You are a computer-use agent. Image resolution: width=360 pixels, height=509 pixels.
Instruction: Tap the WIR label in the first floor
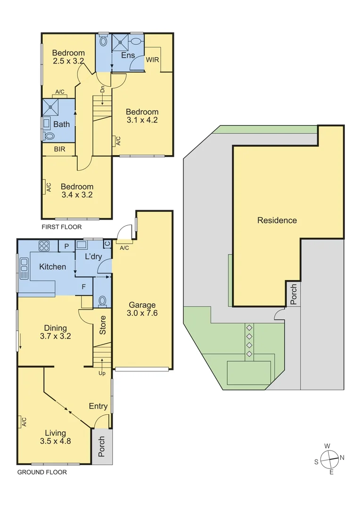[x=152, y=60]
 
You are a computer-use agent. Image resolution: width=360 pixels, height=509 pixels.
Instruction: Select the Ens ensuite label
[x=128, y=56]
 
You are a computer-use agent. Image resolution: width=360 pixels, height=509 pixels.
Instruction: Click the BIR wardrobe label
[x=59, y=149]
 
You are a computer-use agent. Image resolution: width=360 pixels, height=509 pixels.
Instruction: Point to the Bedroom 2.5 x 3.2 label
[x=68, y=57]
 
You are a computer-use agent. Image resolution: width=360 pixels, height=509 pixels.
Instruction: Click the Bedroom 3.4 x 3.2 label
[x=76, y=190]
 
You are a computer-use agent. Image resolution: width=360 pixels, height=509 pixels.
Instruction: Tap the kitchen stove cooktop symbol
[x=44, y=246]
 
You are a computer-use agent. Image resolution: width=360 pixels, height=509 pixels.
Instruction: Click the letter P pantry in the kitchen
[x=66, y=246]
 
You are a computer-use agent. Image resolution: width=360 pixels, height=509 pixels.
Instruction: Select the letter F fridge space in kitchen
[x=83, y=286]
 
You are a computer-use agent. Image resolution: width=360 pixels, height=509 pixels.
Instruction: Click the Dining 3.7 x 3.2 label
[x=55, y=332]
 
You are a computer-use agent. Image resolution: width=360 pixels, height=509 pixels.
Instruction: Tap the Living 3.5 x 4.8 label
[x=55, y=437]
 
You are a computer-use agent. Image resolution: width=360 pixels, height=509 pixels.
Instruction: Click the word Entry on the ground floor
[x=98, y=406]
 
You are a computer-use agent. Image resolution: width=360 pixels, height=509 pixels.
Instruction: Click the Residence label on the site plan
[x=277, y=220]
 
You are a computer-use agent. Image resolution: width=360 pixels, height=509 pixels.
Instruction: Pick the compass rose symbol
[x=329, y=458]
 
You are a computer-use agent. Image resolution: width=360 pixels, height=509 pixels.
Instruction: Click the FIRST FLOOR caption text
[x=61, y=227]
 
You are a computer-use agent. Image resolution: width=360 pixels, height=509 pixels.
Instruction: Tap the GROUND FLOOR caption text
[x=42, y=472]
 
